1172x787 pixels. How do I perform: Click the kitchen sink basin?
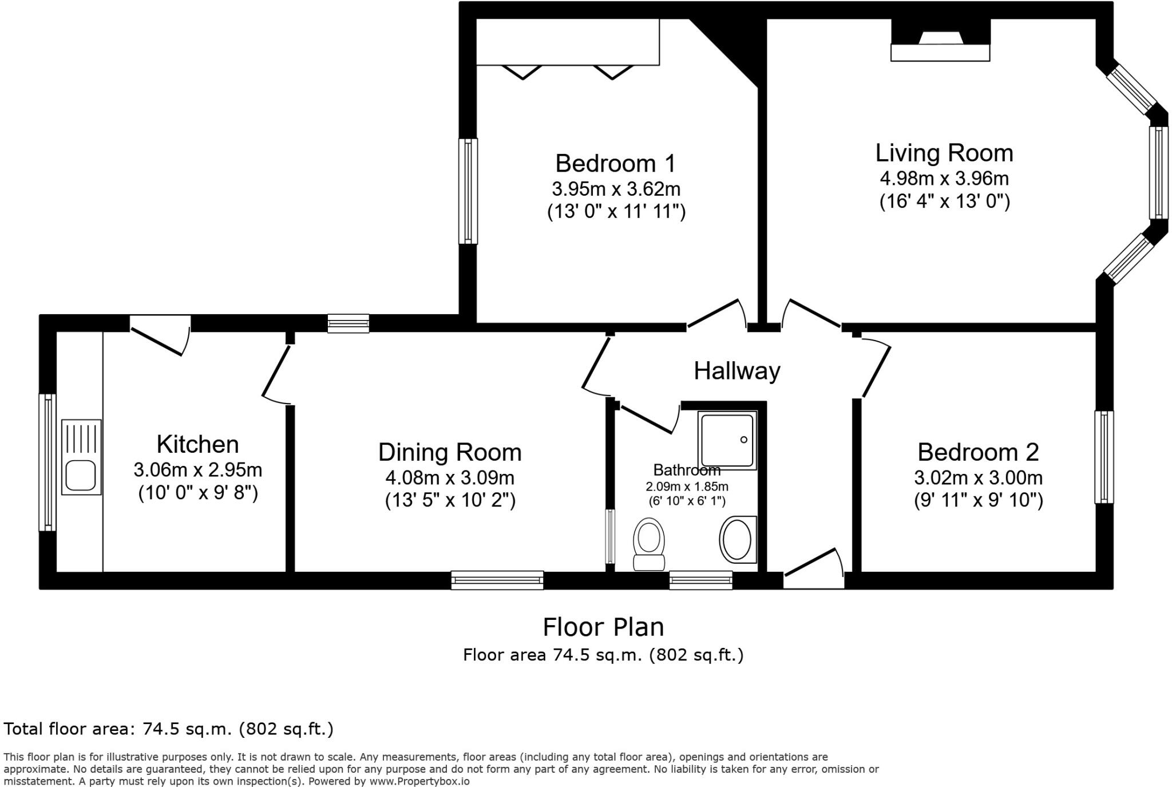(81, 475)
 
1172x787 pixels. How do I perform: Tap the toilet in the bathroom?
(649, 544)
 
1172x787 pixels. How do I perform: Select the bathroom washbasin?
(738, 539)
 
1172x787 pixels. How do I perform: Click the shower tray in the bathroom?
(727, 440)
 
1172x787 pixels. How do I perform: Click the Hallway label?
(737, 371)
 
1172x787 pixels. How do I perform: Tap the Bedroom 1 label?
(615, 163)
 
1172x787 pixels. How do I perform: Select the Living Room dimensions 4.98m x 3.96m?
(944, 179)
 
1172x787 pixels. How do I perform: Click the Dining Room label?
(450, 452)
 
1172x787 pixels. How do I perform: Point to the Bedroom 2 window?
(1104, 457)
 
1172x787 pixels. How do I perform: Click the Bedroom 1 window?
(468, 191)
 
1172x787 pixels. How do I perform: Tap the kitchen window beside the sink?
(47, 462)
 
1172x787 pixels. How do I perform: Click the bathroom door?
(650, 418)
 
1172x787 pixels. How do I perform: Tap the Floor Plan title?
(603, 627)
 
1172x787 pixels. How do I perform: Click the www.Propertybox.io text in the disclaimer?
(419, 781)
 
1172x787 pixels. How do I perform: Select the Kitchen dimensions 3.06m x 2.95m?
(198, 470)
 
